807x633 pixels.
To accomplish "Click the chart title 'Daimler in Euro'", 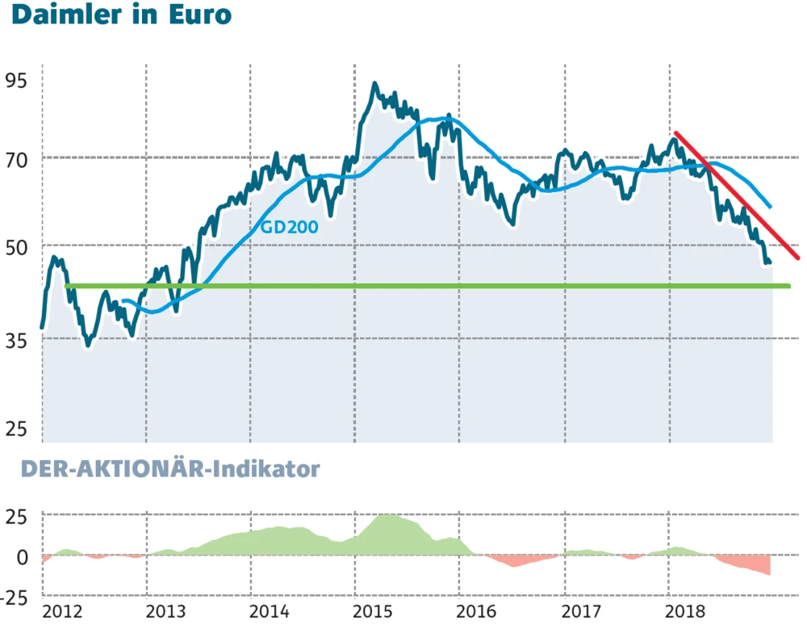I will coord(121,15).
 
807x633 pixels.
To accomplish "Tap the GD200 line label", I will coord(289,227).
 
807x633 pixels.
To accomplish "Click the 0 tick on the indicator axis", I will coord(22,557).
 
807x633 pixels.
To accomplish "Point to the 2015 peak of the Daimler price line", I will coord(374,84).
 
